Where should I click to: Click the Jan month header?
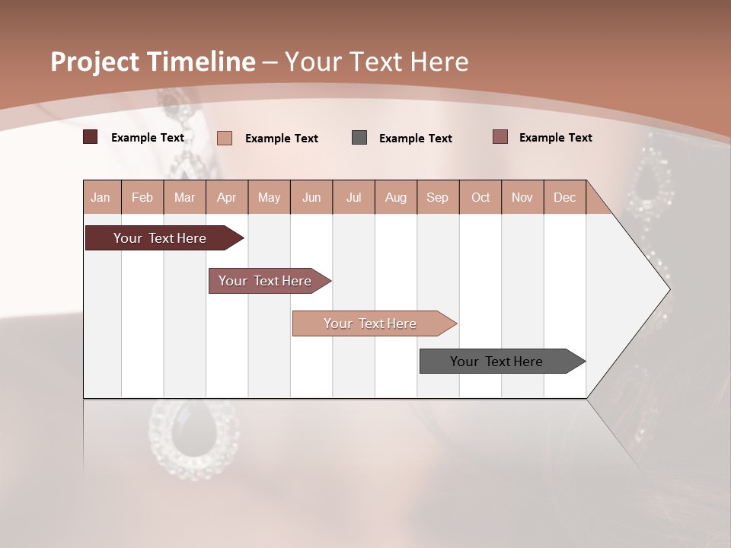pos(101,198)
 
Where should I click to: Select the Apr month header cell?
pos(227,198)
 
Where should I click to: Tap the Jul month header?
pos(353,198)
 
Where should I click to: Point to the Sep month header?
pos(437,198)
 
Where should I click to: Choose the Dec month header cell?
pos(564,198)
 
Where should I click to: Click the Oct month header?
pos(480,198)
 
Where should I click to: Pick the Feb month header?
pos(142,198)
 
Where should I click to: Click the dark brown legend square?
pos(90,137)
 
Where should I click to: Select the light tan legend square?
pos(224,138)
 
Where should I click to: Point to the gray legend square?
pos(359,137)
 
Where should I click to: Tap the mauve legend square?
pos(500,137)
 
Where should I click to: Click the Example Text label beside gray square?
pos(415,139)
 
